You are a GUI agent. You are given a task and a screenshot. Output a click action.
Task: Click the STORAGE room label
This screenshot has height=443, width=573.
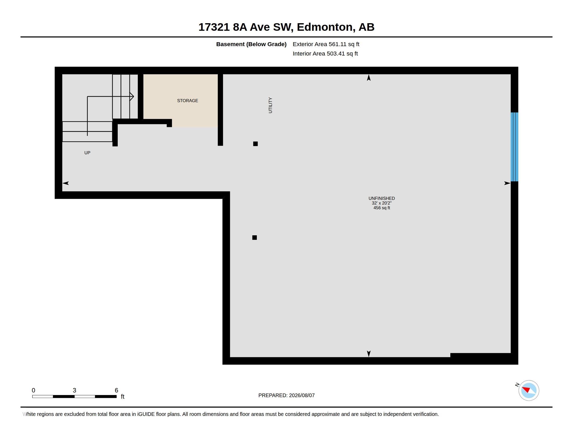tap(187, 101)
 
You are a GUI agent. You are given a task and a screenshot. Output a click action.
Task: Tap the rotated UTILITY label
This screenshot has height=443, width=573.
tap(270, 105)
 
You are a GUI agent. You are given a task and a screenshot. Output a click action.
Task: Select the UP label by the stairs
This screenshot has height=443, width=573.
tap(87, 153)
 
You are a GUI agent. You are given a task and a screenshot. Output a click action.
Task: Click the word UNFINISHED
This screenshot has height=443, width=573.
tap(382, 198)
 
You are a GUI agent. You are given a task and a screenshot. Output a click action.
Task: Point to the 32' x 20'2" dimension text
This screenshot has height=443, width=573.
tap(382, 203)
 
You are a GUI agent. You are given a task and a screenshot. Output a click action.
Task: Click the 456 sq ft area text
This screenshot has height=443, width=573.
tap(382, 208)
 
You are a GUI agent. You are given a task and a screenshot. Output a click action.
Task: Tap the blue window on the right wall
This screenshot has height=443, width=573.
tap(514, 147)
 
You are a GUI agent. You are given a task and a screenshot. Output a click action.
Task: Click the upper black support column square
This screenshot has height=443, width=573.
tap(255, 144)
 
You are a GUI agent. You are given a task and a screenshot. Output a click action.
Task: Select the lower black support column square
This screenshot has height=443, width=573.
tap(254, 237)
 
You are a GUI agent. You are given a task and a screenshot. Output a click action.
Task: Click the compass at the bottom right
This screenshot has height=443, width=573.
tap(529, 390)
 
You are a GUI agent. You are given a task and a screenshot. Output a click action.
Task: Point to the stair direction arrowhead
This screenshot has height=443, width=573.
tap(132, 97)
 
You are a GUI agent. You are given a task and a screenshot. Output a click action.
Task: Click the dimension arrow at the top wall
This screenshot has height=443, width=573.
tap(369, 78)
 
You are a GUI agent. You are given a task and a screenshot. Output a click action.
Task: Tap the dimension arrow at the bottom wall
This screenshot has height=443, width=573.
tap(369, 354)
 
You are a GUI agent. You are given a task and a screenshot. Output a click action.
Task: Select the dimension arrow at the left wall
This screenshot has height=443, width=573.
tap(66, 183)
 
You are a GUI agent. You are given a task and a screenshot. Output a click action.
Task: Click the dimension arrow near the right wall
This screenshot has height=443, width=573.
tap(507, 183)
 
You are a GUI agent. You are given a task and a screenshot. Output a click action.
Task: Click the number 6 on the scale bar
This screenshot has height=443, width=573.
tap(116, 390)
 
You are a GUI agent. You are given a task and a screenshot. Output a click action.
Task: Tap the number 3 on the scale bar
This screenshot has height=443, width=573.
tap(74, 390)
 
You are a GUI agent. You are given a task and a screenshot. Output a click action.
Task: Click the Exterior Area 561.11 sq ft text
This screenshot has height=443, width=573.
tap(326, 44)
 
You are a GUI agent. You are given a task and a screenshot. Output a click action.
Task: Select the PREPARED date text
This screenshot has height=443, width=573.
tap(286, 395)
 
